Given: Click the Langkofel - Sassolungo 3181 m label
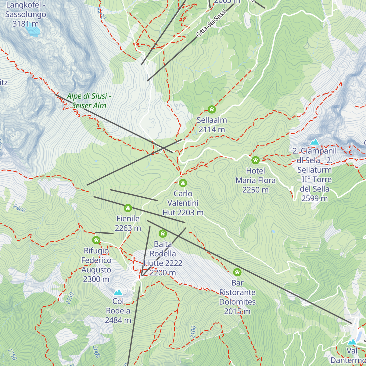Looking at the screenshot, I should click(26, 14).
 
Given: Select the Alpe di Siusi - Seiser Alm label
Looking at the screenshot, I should click(89, 101).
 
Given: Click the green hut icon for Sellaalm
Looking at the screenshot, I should click(212, 109).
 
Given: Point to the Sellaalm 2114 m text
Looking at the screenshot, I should click(212, 125).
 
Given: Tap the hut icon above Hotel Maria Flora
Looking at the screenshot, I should click(256, 160).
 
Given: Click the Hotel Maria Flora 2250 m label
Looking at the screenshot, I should click(256, 180).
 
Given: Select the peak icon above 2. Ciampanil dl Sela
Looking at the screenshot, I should click(314, 142).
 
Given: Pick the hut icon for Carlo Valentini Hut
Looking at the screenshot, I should click(183, 183).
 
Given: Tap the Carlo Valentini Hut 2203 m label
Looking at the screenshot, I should click(183, 203).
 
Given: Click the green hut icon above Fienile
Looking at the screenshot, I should click(128, 208).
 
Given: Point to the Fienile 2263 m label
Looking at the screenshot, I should click(128, 223).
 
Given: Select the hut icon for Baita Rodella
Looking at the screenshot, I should click(163, 234).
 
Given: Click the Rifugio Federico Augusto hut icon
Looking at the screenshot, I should click(96, 240).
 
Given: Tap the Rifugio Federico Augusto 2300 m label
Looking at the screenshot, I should click(96, 265).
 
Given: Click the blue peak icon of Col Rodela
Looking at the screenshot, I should click(118, 292).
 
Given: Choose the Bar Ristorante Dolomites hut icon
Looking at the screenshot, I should click(237, 272).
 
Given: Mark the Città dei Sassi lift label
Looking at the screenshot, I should click(211, 23).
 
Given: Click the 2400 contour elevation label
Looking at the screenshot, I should click(19, 209).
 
